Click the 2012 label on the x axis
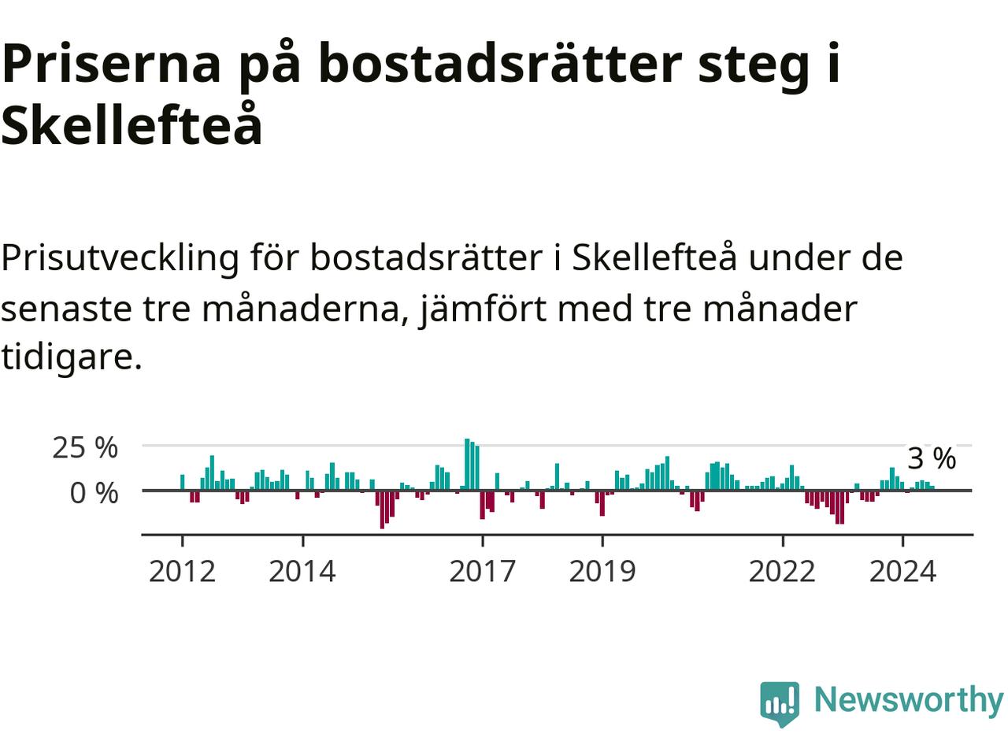(182, 571)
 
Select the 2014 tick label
(302, 571)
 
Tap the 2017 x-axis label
(482, 571)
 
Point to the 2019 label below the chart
(602, 571)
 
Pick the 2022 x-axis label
(782, 571)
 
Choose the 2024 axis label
(902, 571)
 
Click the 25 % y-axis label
(85, 447)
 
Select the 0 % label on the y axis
(94, 493)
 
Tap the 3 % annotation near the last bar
(932, 458)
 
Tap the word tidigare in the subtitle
(71, 357)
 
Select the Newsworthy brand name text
(908, 699)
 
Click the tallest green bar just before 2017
(467, 464)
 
